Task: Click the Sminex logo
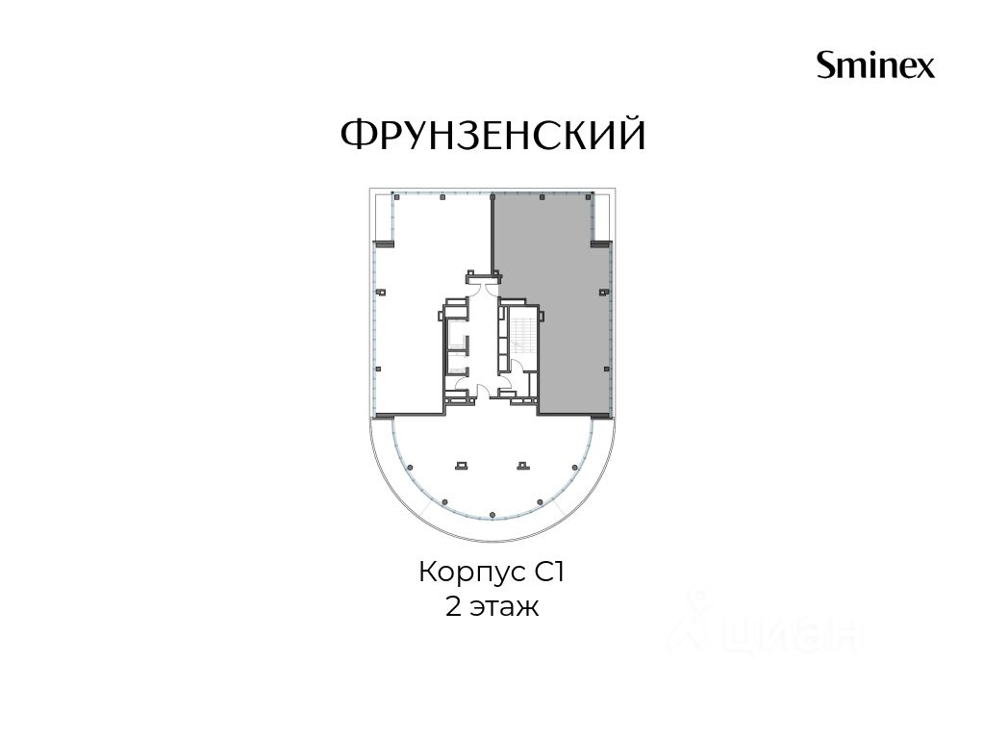click(x=875, y=64)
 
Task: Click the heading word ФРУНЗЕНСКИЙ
click(x=493, y=134)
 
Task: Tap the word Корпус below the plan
click(x=471, y=574)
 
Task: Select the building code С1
click(x=550, y=573)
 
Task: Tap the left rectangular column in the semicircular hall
click(x=462, y=466)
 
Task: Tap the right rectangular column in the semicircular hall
click(x=523, y=466)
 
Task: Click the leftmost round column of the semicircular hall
click(x=410, y=467)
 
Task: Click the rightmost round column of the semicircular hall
click(x=575, y=467)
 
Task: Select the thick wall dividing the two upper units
click(x=492, y=234)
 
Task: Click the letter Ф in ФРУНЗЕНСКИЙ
click(x=355, y=134)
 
